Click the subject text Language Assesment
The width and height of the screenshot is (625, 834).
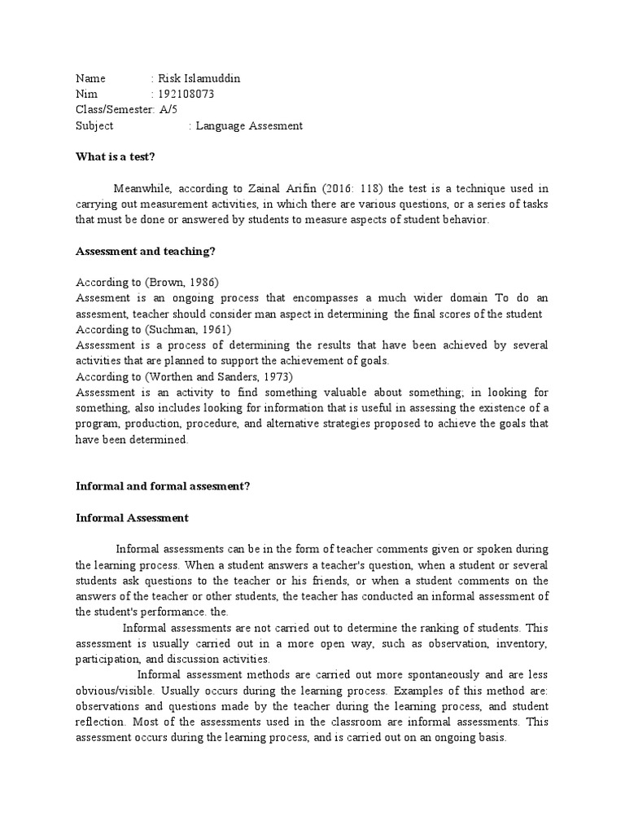click(249, 125)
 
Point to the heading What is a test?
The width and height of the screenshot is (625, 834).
click(115, 156)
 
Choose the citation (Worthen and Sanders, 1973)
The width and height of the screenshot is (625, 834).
click(217, 377)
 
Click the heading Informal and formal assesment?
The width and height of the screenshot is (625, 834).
click(163, 486)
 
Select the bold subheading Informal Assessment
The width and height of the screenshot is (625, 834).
click(132, 517)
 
